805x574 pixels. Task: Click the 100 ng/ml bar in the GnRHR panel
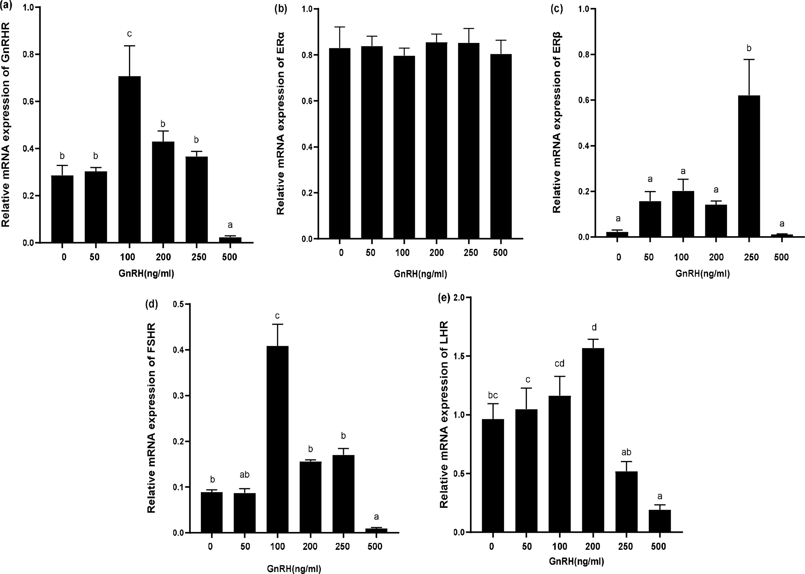(129, 160)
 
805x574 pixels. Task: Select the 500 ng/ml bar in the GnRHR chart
(230, 240)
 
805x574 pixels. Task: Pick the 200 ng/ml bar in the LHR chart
(593, 440)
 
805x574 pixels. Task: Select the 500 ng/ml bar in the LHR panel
(660, 521)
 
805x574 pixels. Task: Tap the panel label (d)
(151, 304)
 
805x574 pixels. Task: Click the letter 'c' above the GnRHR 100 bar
(129, 34)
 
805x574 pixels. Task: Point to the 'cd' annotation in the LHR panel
(560, 364)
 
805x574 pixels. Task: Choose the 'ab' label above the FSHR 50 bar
(244, 475)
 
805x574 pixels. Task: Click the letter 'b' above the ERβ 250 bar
(749, 48)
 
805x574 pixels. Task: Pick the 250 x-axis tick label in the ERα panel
(470, 253)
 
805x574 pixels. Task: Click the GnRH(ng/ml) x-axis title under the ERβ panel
(702, 274)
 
